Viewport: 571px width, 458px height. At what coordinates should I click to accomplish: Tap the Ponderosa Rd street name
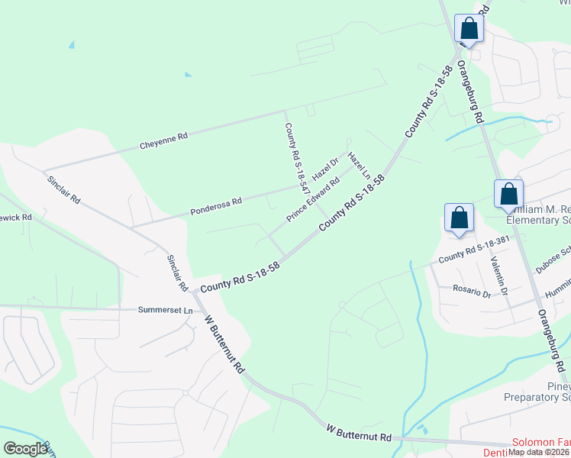216,204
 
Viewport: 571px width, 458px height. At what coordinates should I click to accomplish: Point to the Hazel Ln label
359,166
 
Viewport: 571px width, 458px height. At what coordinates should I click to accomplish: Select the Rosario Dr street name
470,291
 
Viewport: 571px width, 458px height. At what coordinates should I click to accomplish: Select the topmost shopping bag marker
469,29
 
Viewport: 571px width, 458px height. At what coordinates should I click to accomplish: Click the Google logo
25,449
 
